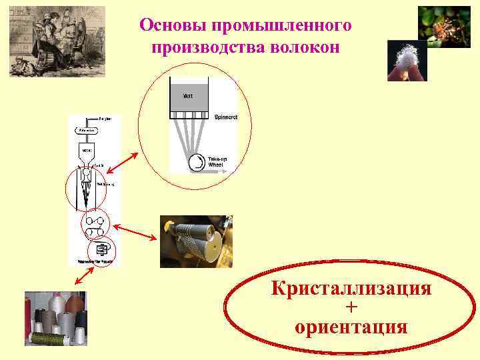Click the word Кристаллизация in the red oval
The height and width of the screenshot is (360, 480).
point(351,290)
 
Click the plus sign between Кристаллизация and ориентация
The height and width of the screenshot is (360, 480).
point(351,308)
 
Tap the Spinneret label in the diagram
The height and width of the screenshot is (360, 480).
point(226,117)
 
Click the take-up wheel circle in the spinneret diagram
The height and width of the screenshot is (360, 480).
point(197,163)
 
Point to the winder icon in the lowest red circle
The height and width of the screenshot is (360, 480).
point(102,249)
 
